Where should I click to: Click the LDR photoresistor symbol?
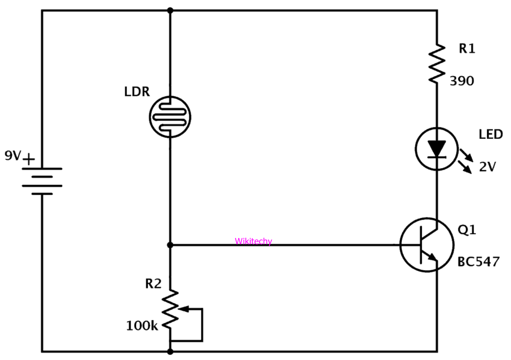(170, 117)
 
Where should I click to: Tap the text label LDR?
(137, 92)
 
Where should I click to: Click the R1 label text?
(467, 49)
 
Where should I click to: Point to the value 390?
(462, 81)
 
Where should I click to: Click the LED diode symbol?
(437, 148)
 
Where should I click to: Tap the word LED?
(491, 134)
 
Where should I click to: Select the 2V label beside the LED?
(487, 167)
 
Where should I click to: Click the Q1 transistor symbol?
(427, 245)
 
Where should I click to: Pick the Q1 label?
(467, 230)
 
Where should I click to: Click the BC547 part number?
(478, 262)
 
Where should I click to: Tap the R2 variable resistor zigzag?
(171, 309)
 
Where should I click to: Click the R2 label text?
(153, 284)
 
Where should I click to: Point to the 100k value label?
(142, 325)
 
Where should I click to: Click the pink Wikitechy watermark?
(253, 241)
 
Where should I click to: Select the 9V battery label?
(13, 156)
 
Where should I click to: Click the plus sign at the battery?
(29, 159)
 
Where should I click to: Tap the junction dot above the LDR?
(170, 11)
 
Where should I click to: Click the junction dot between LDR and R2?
(170, 245)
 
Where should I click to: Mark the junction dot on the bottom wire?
(170, 352)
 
